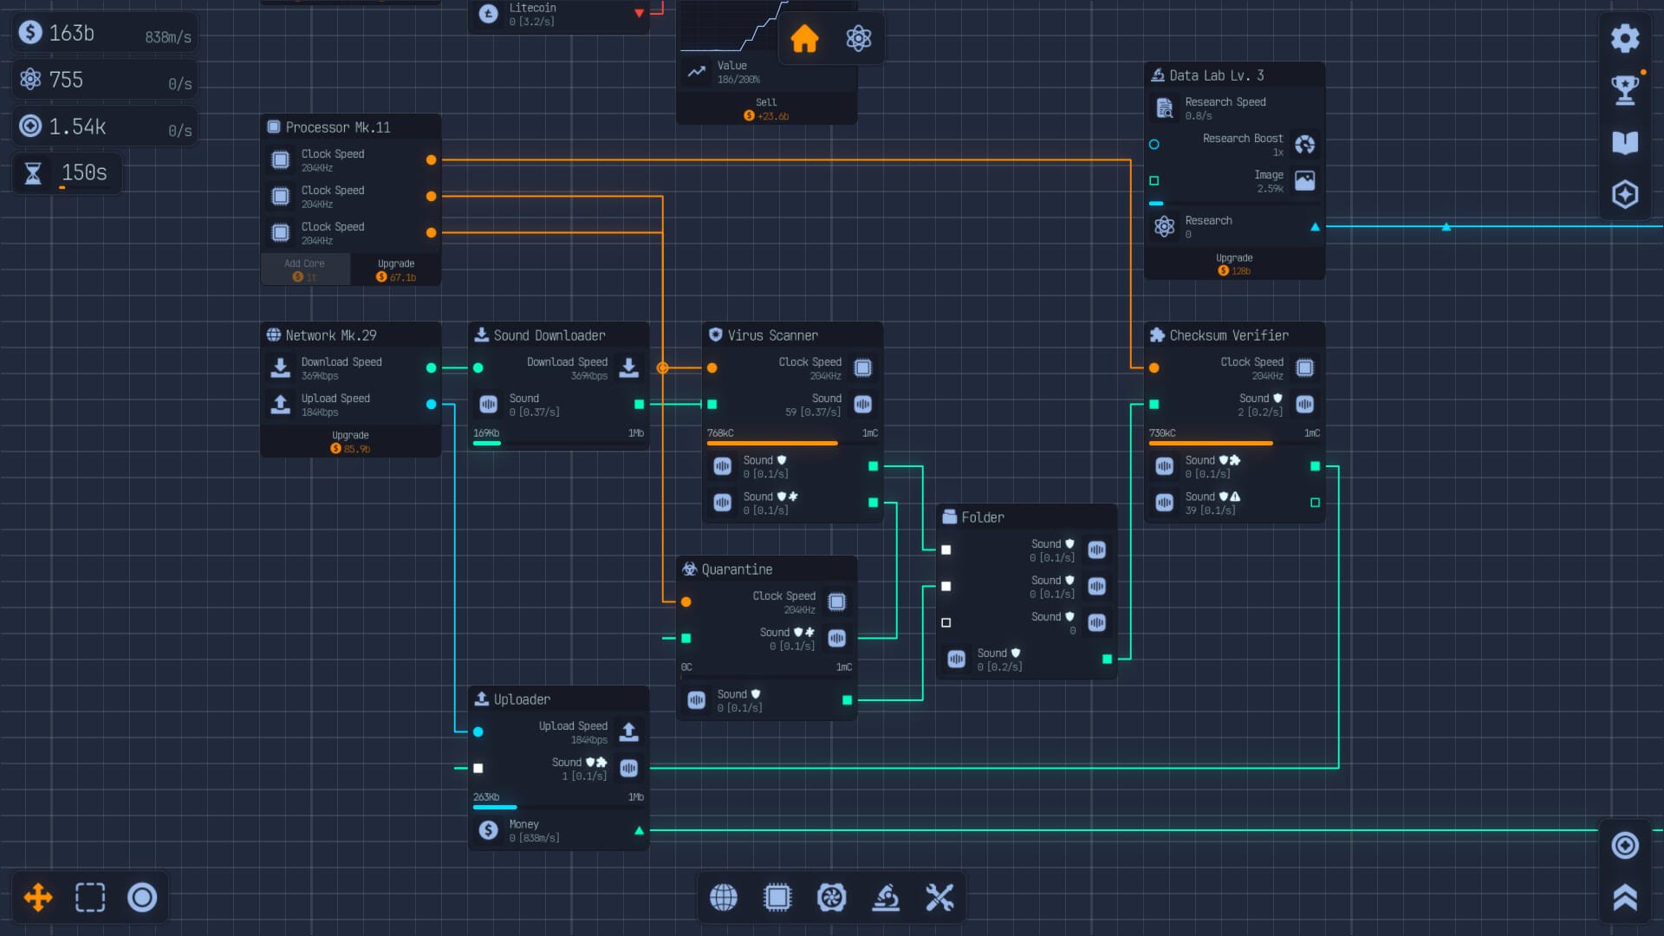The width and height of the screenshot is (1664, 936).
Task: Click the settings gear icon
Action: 1624,38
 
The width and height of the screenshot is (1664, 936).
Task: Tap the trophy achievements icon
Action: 1624,89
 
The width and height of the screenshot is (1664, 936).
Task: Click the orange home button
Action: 804,38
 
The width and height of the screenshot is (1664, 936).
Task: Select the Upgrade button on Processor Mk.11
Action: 396,270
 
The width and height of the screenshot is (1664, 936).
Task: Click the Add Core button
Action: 304,270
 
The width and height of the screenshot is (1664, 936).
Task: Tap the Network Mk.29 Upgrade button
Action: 350,442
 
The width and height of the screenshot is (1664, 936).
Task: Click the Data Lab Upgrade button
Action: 1233,264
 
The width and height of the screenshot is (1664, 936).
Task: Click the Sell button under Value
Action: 766,108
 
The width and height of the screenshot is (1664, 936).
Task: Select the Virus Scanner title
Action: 772,335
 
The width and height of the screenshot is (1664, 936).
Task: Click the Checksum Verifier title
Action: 1228,335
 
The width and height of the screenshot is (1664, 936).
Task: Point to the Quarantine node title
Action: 737,569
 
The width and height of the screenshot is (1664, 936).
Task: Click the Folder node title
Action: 983,517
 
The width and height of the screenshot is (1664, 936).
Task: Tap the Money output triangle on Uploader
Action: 639,830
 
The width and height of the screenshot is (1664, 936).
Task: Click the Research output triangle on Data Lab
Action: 1315,227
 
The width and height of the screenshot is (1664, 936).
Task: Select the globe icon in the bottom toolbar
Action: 724,897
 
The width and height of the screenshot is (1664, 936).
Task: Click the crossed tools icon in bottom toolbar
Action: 939,897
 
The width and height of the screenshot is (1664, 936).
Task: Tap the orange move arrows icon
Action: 38,897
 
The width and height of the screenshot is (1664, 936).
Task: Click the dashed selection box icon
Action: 90,897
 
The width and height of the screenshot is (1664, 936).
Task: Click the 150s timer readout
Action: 84,172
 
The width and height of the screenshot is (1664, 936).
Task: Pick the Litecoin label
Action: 532,8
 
